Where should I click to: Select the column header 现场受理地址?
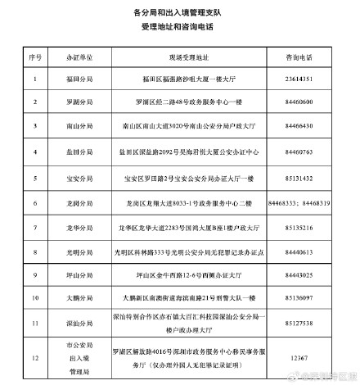pos(182,59)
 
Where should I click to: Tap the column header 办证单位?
pos(79,59)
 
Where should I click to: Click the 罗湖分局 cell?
pos(79,104)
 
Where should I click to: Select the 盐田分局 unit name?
pos(79,152)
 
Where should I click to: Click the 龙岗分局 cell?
pos(79,202)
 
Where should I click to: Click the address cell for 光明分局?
pos(182,251)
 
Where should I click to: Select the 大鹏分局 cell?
pos(79,299)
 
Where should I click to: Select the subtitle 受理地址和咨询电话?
pos(180,28)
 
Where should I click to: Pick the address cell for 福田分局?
pos(182,80)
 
